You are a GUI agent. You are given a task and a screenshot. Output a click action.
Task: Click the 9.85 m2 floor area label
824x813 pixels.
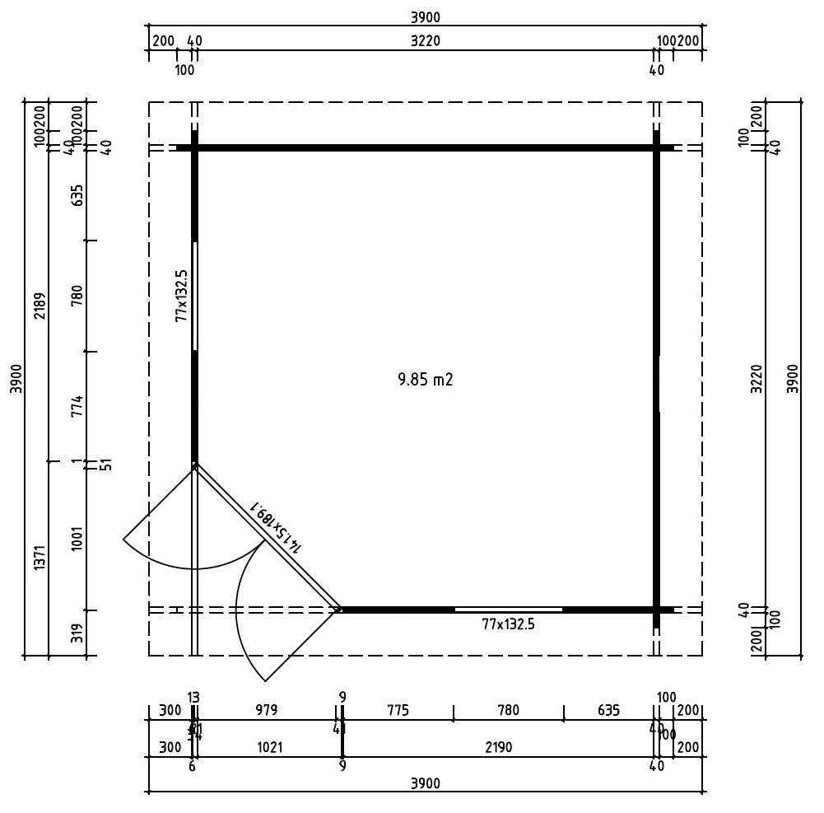tap(426, 380)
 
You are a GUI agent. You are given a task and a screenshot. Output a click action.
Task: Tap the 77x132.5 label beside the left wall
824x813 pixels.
tap(181, 295)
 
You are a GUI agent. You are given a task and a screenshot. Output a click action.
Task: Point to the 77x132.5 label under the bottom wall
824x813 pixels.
tap(508, 624)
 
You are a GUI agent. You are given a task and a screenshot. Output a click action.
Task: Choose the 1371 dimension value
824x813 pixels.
tap(39, 558)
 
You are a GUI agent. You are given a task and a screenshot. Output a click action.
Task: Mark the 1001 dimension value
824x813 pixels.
tap(78, 539)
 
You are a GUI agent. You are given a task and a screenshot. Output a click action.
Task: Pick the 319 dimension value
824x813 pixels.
tap(78, 633)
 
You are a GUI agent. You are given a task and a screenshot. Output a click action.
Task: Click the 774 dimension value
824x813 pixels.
tap(78, 408)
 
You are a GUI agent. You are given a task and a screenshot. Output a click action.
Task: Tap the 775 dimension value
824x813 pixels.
tap(397, 710)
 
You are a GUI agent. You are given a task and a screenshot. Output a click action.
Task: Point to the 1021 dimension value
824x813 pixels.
tap(270, 748)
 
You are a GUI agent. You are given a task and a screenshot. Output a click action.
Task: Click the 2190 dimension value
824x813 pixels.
tap(499, 748)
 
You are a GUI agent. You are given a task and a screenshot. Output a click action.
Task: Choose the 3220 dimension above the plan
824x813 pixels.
tap(426, 41)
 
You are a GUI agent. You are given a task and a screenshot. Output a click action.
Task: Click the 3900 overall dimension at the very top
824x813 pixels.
tap(426, 17)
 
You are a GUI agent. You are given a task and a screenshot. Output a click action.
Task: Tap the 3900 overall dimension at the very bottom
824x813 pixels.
tap(426, 783)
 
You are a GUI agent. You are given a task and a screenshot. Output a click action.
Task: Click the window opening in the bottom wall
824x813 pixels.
tap(508, 610)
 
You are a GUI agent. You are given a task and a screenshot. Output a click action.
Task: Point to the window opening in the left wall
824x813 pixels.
tap(195, 296)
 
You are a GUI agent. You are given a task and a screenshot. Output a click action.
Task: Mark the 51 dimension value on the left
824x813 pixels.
tap(105, 465)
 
